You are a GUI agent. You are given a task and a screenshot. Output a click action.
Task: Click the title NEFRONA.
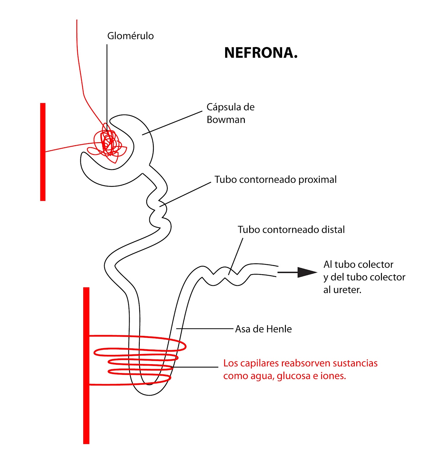coord(261,53)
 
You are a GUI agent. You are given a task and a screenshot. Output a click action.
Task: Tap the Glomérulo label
coord(130,36)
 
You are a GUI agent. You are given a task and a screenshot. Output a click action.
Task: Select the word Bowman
coord(226,120)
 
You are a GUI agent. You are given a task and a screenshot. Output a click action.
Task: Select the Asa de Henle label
coord(263,329)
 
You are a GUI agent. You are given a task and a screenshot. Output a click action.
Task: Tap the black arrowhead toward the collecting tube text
coord(306,272)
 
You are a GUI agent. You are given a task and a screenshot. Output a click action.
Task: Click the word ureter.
coord(347,290)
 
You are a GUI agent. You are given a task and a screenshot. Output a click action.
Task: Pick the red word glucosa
coord(293,376)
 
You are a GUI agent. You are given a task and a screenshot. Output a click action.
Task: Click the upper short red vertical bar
coord(43,152)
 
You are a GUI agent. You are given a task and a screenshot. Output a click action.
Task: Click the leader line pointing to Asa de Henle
coord(205,329)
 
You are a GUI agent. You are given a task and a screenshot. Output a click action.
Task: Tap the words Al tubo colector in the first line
coord(358,264)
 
